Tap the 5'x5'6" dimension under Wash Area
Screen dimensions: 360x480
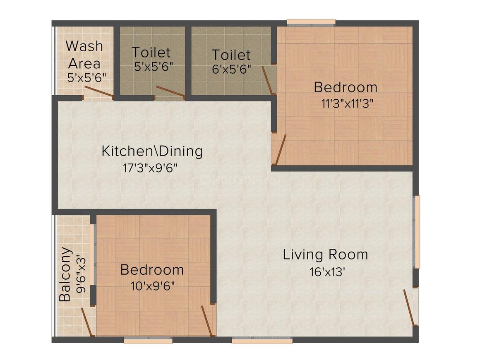pyautogui.click(x=87, y=77)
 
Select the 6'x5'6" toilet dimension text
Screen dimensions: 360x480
pyautogui.click(x=231, y=68)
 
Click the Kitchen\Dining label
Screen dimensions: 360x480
pyautogui.click(x=152, y=151)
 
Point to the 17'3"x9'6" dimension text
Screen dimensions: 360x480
pyautogui.click(x=152, y=168)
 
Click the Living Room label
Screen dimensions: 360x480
pyautogui.click(x=325, y=254)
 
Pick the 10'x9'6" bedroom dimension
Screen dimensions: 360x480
pyautogui.click(x=153, y=286)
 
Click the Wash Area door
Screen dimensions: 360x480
pyautogui.click(x=98, y=93)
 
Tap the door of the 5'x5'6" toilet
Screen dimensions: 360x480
pyautogui.click(x=170, y=92)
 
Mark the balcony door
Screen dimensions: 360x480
pyautogui.click(x=86, y=322)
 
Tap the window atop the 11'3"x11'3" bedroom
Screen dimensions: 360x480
pyautogui.click(x=311, y=22)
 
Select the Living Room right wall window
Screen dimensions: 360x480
pyautogui.click(x=417, y=232)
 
